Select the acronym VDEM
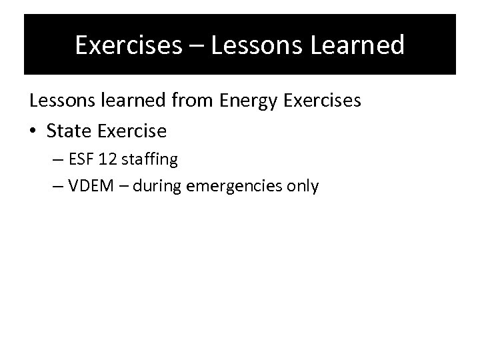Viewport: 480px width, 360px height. (x=87, y=186)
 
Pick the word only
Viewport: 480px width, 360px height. (x=303, y=187)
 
